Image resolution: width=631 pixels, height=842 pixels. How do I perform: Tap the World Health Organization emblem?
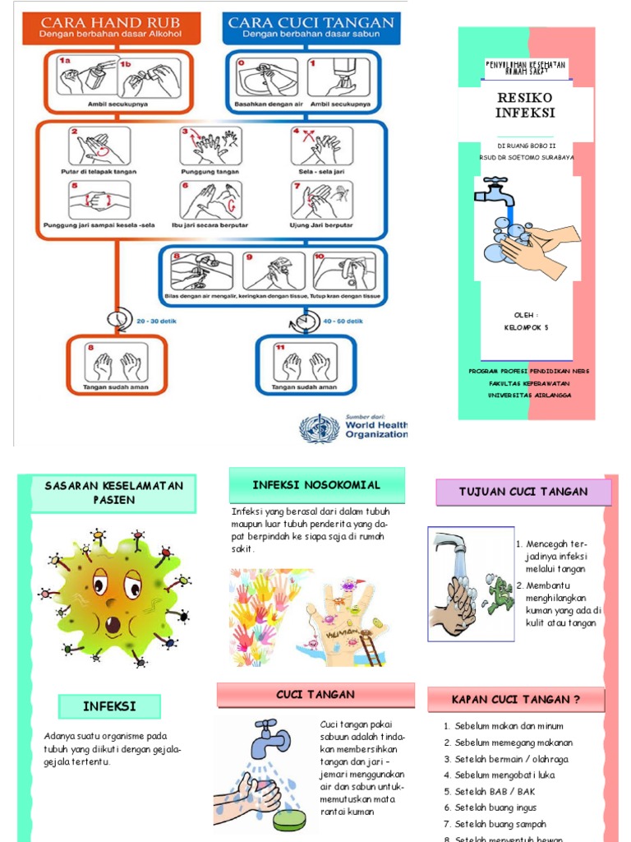319,428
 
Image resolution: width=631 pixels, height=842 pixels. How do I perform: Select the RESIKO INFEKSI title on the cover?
525,104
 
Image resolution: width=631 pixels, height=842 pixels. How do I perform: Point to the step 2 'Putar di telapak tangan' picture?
99,146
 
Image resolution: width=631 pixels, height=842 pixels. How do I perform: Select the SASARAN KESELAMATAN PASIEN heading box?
113,493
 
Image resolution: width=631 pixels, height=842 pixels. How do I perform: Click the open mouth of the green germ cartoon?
112,624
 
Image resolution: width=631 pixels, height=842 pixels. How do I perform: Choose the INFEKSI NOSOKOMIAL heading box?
316,484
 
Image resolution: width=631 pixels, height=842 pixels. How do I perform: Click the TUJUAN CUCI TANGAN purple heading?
523,492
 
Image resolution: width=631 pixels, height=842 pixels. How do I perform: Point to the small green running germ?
498,594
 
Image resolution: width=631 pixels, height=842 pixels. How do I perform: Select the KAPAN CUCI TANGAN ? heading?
516,700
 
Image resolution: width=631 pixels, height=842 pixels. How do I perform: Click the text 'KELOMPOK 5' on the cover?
526,327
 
